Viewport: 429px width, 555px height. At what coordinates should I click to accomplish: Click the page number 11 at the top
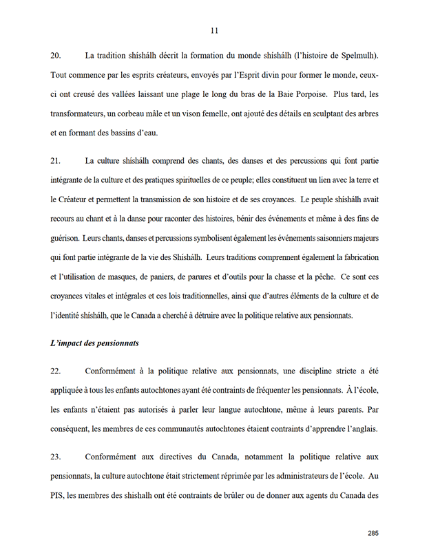tap(214, 30)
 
